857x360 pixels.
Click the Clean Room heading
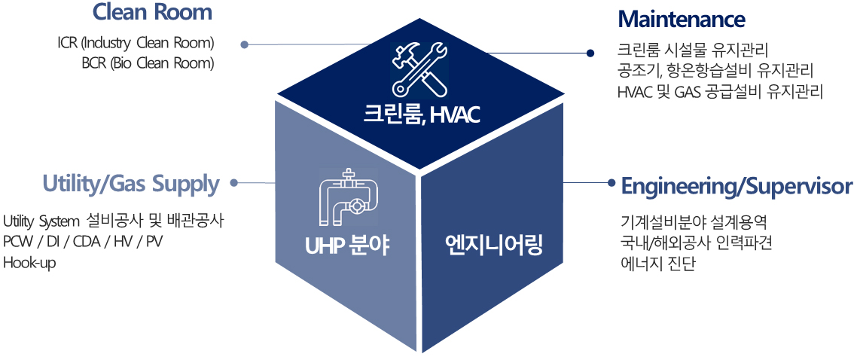tap(152, 12)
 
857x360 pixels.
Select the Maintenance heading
tap(682, 20)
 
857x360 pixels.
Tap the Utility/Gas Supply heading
tap(130, 185)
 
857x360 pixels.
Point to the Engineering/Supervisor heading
tap(737, 187)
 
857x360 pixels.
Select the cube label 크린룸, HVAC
tap(422, 115)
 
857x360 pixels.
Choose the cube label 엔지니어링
tap(493, 246)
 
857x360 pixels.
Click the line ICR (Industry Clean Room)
tap(136, 43)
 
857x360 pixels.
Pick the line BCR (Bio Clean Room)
tap(148, 63)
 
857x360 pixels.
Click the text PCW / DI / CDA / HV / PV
tap(83, 242)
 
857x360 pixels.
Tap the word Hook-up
tap(29, 262)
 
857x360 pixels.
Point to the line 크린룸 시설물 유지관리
tap(693, 50)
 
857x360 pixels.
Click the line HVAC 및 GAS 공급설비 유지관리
tap(720, 91)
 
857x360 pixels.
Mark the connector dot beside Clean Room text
tap(245, 44)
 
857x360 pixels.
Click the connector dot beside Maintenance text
tap(590, 53)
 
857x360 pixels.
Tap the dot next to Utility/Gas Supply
tap(234, 182)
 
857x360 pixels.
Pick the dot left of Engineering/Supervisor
tap(611, 183)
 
